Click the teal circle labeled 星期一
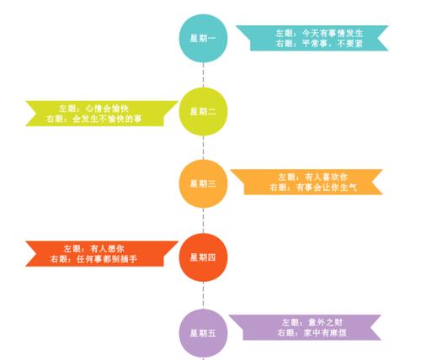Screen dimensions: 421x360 [x=203, y=38]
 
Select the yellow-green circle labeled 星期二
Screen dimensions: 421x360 [x=203, y=112]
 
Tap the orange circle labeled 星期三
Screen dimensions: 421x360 [x=203, y=183]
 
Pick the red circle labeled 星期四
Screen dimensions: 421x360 [x=203, y=257]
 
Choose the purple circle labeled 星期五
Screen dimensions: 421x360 [x=203, y=333]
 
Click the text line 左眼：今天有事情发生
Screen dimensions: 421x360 [x=319, y=34]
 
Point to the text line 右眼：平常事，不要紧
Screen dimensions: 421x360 [x=319, y=44]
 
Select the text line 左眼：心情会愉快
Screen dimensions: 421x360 [x=93, y=109]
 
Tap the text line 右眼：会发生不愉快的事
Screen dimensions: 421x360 [x=93, y=119]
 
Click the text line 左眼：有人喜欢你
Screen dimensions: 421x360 [x=313, y=177]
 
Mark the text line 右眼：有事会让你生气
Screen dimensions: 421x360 [x=313, y=187]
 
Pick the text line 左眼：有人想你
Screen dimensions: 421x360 [x=93, y=249]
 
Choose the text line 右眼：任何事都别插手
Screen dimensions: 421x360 [x=93, y=259]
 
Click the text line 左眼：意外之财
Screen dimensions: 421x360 [x=312, y=322]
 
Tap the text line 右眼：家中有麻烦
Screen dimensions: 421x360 [x=312, y=332]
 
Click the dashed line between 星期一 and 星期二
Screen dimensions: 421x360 [x=203, y=75]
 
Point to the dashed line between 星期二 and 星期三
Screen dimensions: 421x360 [x=203, y=148]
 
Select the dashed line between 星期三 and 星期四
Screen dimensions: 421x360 [x=203, y=220]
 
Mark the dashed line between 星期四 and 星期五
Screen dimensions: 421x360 [x=203, y=295]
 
